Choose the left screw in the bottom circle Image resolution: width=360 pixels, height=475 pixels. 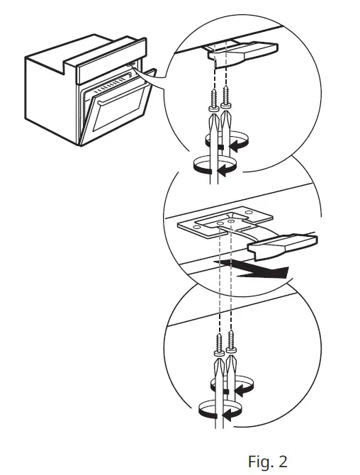coord(218,344)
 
